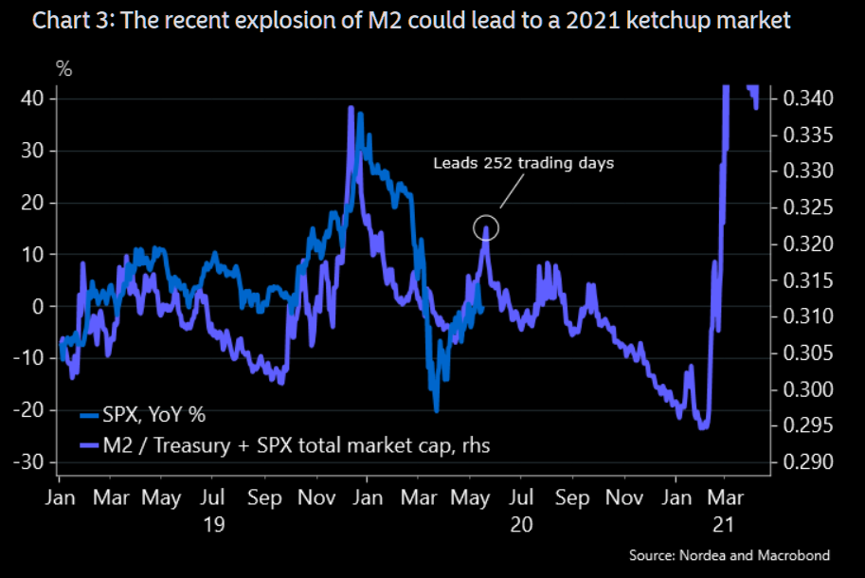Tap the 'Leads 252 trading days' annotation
pos(524,163)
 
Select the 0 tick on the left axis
pos(39,306)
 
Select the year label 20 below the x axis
pos(520,524)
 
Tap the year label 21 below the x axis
pos(726,524)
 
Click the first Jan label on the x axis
pos(60,497)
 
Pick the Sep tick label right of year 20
pos(571,497)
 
